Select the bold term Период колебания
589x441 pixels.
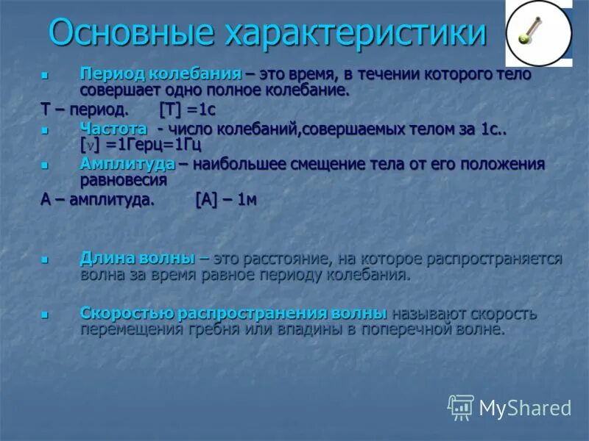pyautogui.click(x=161, y=74)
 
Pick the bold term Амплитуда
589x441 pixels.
pyautogui.click(x=127, y=163)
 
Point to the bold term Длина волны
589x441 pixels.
pyautogui.click(x=137, y=259)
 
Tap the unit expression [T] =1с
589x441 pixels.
pyautogui.click(x=188, y=110)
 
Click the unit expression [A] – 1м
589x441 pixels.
pyautogui.click(x=226, y=200)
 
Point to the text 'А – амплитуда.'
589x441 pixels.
pyautogui.click(x=97, y=200)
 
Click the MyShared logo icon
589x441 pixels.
pyautogui.click(x=461, y=407)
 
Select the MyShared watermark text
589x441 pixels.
pyautogui.click(x=525, y=408)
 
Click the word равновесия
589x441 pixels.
pyautogui.click(x=123, y=180)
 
